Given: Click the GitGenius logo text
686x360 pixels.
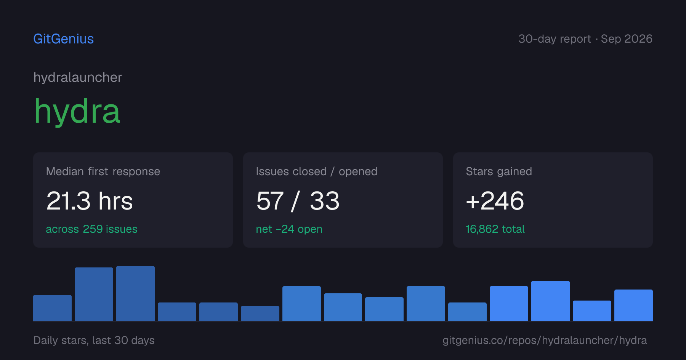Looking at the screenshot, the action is coord(64,39).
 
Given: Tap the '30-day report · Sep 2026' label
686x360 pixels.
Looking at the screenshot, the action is coord(585,39).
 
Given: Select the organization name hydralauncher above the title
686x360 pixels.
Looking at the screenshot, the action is coord(78,77).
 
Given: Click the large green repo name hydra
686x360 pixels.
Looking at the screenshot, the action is coord(77,111).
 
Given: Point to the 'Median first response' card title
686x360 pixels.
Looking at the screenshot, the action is coord(103,171).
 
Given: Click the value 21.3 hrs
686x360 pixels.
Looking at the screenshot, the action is coord(90,201).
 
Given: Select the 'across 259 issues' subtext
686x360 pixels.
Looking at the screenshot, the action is coord(91,229).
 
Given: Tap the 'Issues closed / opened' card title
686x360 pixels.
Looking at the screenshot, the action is coord(317,171).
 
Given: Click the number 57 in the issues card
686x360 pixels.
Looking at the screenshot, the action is coord(270,201).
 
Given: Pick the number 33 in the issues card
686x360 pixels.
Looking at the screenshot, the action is coord(325,201).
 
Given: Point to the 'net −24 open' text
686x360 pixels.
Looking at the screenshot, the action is coord(289,229).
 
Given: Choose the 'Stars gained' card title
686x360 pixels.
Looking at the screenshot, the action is coord(499,171).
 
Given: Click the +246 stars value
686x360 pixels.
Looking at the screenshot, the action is coord(495,201).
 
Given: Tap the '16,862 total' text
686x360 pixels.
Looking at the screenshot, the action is coord(495,229).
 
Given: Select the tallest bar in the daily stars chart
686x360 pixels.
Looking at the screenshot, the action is coord(135,293).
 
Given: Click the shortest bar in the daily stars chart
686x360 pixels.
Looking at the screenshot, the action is coord(260,313).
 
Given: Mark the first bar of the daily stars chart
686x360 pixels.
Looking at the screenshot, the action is coord(52,308).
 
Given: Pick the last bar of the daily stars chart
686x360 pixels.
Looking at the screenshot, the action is coord(633,305).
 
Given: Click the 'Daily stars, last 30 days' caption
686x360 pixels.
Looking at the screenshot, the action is coord(94,340).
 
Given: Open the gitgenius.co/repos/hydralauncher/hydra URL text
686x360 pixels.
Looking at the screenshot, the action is coord(545,340).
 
